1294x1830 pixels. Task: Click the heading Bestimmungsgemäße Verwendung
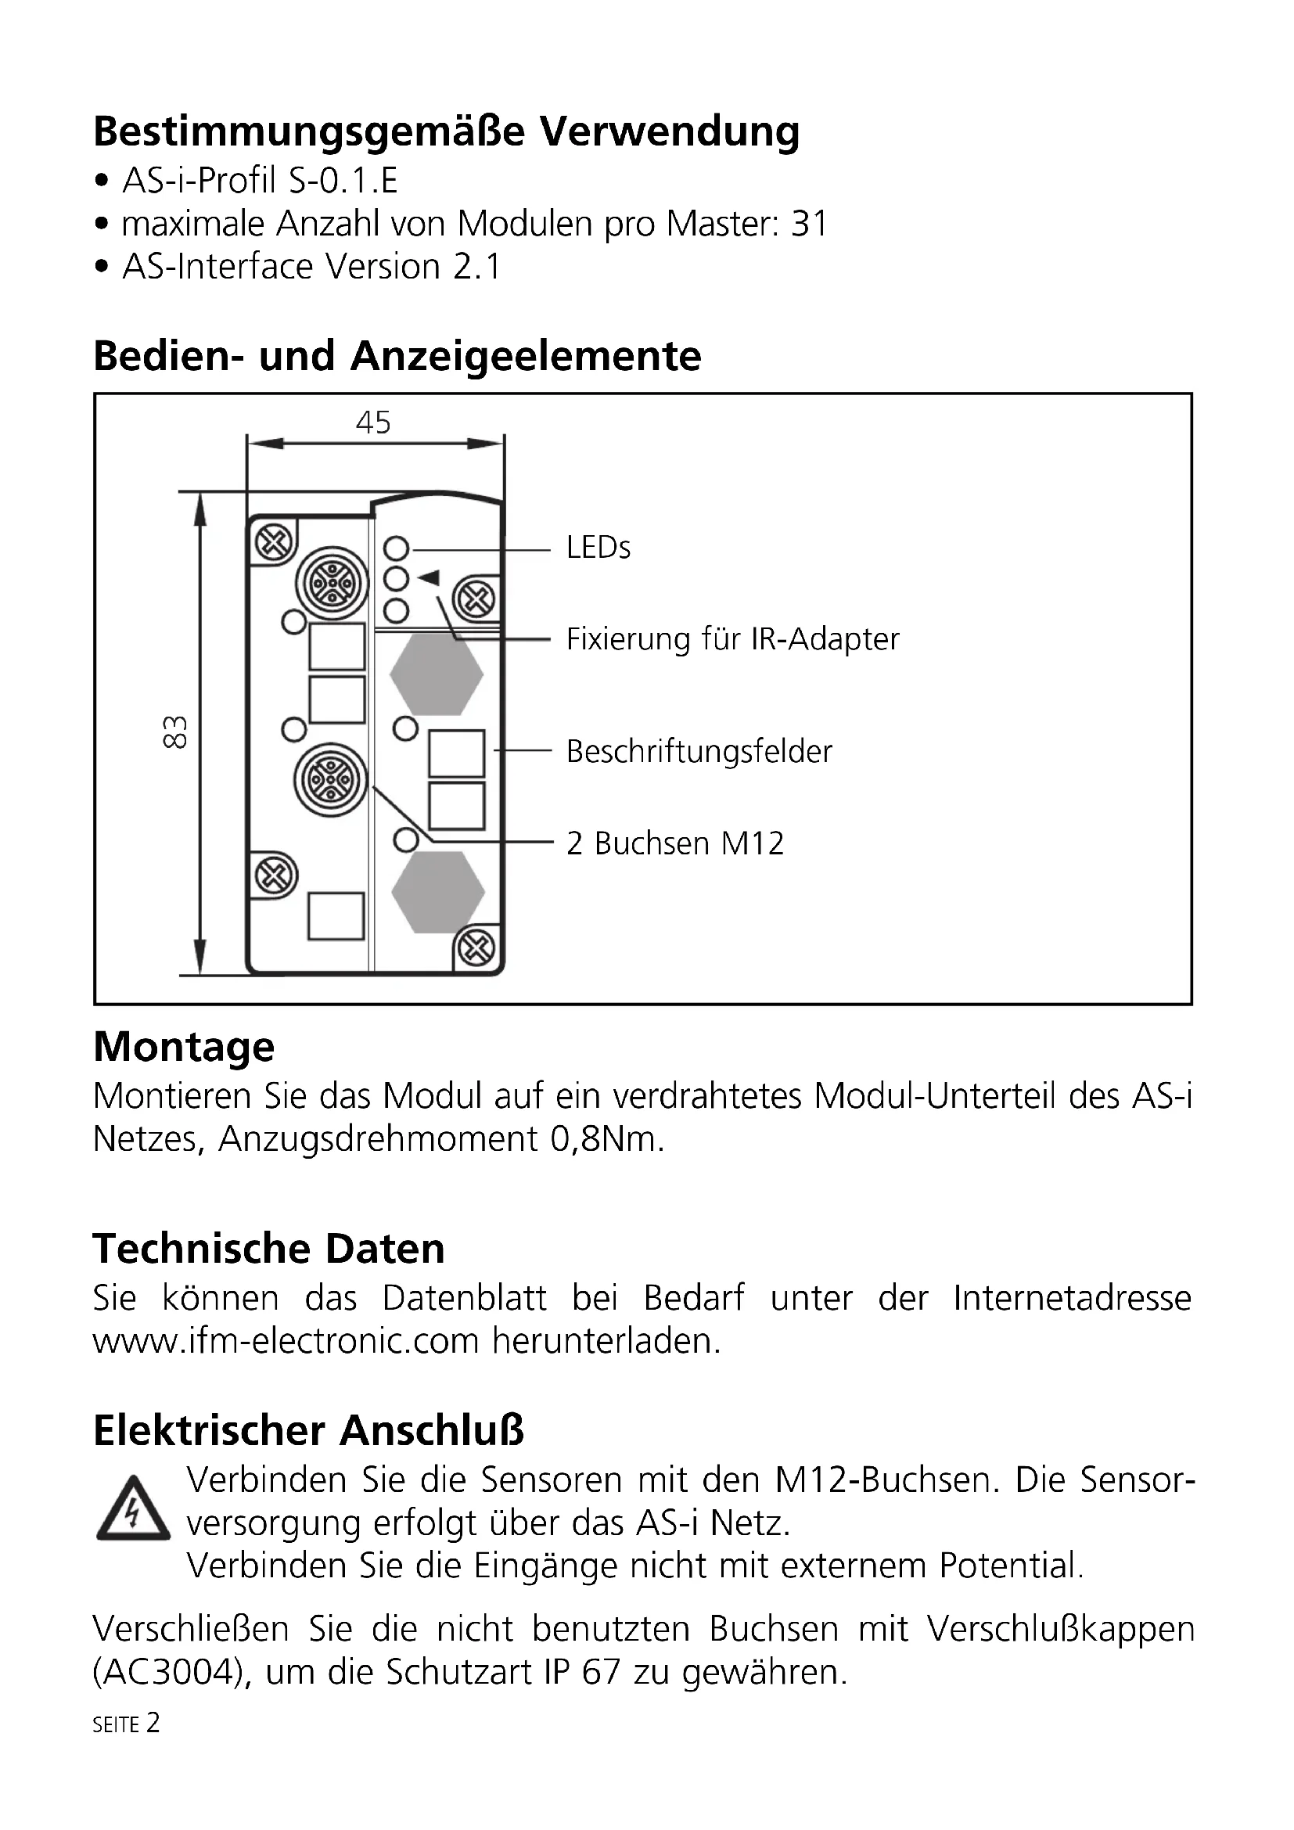(x=446, y=132)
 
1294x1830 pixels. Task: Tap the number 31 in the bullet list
(x=809, y=224)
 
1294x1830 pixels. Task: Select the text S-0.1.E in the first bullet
(x=343, y=181)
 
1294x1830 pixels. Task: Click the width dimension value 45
(x=373, y=422)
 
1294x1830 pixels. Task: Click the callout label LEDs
(x=598, y=548)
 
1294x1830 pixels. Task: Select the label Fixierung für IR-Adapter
(x=732, y=639)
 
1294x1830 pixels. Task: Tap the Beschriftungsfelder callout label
(x=699, y=752)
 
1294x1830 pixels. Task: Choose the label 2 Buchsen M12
(x=675, y=843)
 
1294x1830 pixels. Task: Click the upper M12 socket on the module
(x=332, y=584)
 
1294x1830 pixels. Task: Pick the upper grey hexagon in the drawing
(x=437, y=674)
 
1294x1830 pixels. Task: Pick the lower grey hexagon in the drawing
(x=437, y=891)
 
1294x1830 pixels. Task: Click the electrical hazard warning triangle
(x=132, y=1510)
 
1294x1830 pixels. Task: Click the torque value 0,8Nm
(x=606, y=1140)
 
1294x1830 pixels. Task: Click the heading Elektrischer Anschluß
(x=308, y=1431)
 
